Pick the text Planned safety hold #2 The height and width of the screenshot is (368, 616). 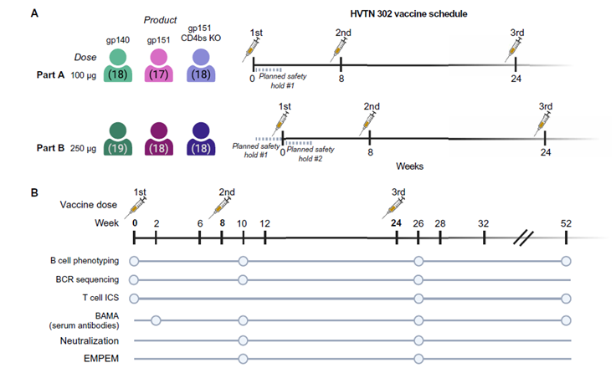(312, 153)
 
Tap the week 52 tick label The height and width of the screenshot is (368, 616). (567, 223)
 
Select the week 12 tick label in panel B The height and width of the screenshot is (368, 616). (264, 223)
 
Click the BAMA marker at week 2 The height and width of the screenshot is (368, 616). (156, 319)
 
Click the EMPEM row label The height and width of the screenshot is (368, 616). (95, 360)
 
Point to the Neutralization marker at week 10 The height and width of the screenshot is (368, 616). (243, 340)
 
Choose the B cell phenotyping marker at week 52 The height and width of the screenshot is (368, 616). (567, 261)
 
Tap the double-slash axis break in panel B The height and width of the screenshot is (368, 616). (524, 238)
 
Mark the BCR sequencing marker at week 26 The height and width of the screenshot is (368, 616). (418, 279)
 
